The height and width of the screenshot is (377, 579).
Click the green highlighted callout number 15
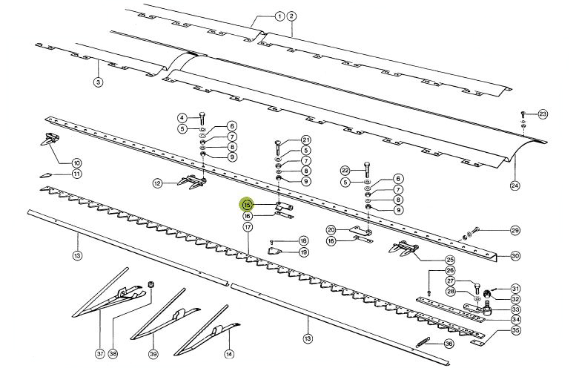[248, 204]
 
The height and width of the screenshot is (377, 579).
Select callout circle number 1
[280, 16]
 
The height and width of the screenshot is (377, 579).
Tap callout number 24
[515, 186]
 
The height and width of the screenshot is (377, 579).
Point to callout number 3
[98, 82]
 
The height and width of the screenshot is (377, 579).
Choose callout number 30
[515, 255]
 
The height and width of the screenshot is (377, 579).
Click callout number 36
[449, 344]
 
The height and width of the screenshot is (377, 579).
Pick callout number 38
[113, 354]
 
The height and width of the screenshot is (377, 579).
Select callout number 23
[543, 114]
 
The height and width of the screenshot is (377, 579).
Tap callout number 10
[76, 163]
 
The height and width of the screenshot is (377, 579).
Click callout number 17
[248, 226]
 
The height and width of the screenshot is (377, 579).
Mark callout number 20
[331, 230]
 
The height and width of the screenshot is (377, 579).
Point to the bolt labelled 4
[202, 118]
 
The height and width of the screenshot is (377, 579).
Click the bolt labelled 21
[278, 148]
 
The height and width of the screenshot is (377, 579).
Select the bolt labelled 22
[366, 170]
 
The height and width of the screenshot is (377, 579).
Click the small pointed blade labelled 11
[47, 174]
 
